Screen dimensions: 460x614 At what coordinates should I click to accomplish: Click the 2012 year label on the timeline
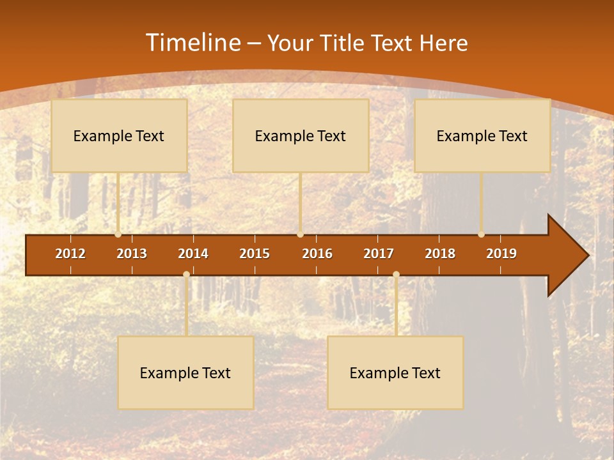click(70, 254)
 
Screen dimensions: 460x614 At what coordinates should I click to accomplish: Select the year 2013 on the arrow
click(132, 254)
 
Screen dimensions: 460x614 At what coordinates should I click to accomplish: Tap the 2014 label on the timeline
click(193, 254)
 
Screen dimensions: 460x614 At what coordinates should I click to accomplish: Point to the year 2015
click(255, 254)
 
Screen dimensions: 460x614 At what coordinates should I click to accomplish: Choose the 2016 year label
click(317, 254)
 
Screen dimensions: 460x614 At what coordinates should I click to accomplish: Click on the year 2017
click(379, 254)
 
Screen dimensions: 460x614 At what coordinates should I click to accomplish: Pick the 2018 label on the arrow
click(440, 254)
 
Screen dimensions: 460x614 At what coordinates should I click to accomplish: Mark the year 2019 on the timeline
click(501, 254)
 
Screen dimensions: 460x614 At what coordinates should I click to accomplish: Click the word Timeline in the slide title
click(192, 43)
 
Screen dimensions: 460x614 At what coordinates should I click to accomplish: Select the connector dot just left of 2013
click(118, 234)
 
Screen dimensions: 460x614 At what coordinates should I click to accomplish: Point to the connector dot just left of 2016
click(300, 234)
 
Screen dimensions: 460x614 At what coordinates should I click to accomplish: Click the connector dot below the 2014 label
click(186, 274)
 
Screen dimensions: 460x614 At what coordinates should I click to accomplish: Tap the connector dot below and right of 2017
click(396, 274)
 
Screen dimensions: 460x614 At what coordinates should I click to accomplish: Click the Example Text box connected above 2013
click(119, 135)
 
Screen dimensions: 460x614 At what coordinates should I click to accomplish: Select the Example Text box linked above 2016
click(301, 135)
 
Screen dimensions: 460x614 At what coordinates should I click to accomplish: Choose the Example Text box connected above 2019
click(482, 135)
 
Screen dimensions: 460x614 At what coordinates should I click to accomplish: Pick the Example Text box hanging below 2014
click(185, 372)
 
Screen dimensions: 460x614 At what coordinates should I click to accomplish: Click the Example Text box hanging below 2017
click(395, 372)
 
